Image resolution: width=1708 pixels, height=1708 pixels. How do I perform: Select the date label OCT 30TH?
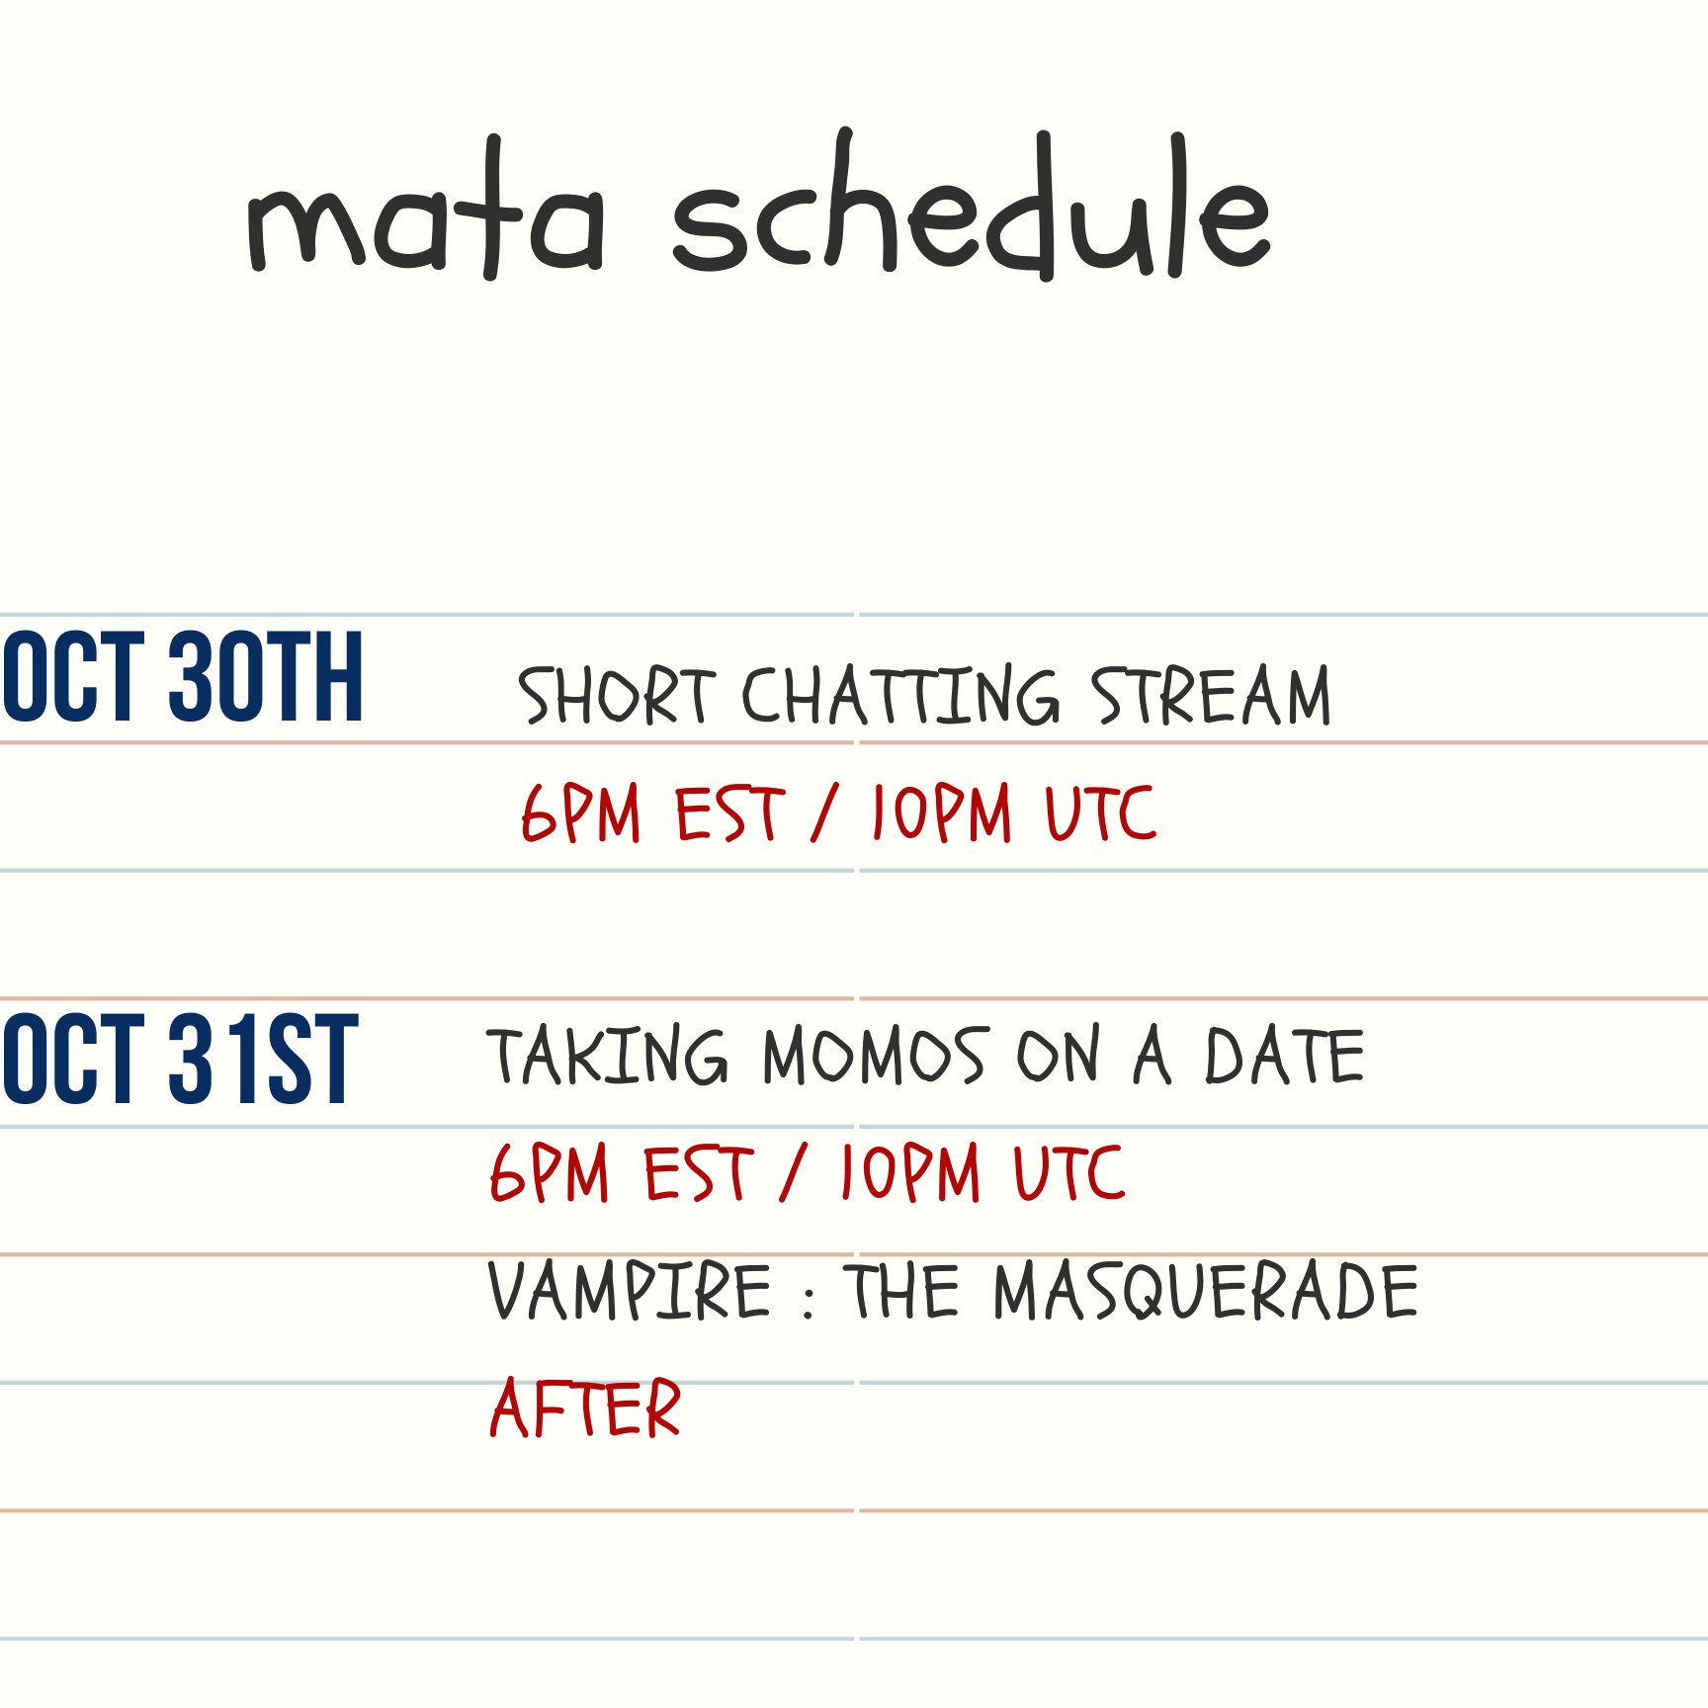pyautogui.click(x=183, y=677)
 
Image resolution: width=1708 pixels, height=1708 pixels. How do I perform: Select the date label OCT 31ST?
pyautogui.click(x=179, y=1058)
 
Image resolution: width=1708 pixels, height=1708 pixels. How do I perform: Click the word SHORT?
pyautogui.click(x=616, y=695)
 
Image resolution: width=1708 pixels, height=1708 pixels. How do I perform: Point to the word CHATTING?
pyautogui.click(x=900, y=695)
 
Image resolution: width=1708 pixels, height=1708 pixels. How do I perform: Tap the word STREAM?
pyautogui.click(x=1211, y=695)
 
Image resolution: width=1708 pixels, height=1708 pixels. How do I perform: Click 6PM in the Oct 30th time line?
pyautogui.click(x=580, y=812)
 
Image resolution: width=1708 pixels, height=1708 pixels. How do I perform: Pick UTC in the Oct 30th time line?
pyautogui.click(x=1100, y=812)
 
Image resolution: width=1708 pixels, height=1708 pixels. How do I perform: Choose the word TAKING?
pyautogui.click(x=607, y=1056)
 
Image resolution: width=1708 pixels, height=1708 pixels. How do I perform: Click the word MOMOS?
pyautogui.click(x=874, y=1056)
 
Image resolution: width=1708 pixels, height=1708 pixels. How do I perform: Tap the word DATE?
pyautogui.click(x=1284, y=1056)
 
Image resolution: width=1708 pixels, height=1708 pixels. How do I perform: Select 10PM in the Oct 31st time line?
pyautogui.click(x=909, y=1172)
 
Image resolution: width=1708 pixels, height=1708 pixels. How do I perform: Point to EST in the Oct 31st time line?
pyautogui.click(x=698, y=1172)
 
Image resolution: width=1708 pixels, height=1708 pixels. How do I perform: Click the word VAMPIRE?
pyautogui.click(x=630, y=1291)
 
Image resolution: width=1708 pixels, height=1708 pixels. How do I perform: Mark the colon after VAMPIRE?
pyautogui.click(x=809, y=1299)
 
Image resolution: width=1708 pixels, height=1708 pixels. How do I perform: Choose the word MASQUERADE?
pyautogui.click(x=1206, y=1291)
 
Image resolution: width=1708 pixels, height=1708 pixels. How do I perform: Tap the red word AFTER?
pyautogui.click(x=585, y=1408)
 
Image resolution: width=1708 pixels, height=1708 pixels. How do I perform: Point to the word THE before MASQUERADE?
pyautogui.click(x=901, y=1291)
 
